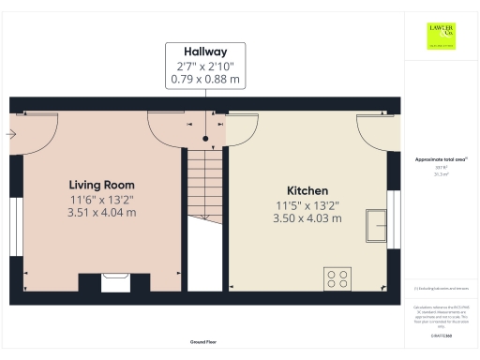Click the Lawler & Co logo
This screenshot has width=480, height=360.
click(441, 35)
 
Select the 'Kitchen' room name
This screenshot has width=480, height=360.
click(307, 190)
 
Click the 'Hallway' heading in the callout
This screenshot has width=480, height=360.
click(205, 52)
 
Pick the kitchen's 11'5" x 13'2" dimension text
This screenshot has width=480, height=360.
click(307, 204)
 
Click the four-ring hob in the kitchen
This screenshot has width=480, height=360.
click(337, 277)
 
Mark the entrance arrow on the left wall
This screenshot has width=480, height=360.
click(10, 134)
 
